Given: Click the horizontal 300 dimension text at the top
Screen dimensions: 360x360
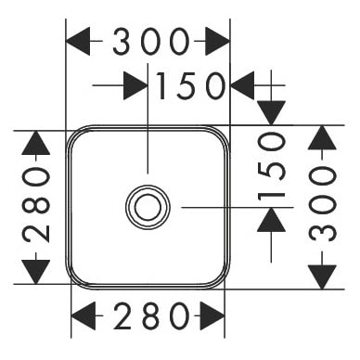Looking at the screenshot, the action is (150, 42).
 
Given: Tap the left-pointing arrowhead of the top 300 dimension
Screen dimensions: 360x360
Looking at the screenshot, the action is (78, 41).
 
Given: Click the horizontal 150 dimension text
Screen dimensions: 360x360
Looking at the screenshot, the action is (191, 85).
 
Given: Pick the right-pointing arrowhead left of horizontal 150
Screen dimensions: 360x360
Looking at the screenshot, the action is (135, 85).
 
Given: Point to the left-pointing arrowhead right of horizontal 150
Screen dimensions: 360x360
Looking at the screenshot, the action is (243, 85).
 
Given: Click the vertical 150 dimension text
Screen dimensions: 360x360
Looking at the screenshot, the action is (271, 165).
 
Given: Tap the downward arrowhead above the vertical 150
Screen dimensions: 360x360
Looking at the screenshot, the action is (271, 113).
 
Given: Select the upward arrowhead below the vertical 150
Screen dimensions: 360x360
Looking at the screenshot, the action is (271, 220).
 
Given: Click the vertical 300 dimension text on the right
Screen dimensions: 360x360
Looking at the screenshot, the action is (322, 203).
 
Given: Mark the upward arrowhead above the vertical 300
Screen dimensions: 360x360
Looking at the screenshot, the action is (322, 137).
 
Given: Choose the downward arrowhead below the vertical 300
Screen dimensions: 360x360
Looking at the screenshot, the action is (322, 276).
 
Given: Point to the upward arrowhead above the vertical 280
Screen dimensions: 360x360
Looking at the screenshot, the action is (36, 143).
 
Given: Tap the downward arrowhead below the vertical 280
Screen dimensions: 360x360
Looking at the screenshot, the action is (36, 272).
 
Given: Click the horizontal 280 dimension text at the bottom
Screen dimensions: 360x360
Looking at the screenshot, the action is (151, 316).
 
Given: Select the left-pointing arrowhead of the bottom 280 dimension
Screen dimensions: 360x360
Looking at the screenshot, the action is (84, 316).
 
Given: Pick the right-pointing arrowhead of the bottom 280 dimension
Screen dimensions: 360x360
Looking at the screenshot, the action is (212, 316).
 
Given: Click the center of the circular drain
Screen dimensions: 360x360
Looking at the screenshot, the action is (148, 207).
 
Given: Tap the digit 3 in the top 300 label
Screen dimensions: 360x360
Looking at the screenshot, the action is (122, 42).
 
